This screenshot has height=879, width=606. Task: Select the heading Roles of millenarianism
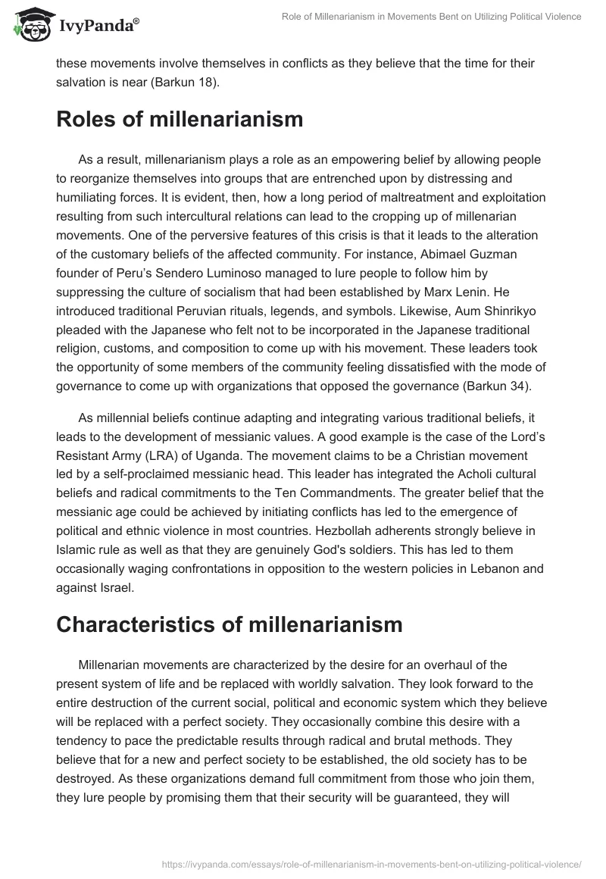pos(180,119)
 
